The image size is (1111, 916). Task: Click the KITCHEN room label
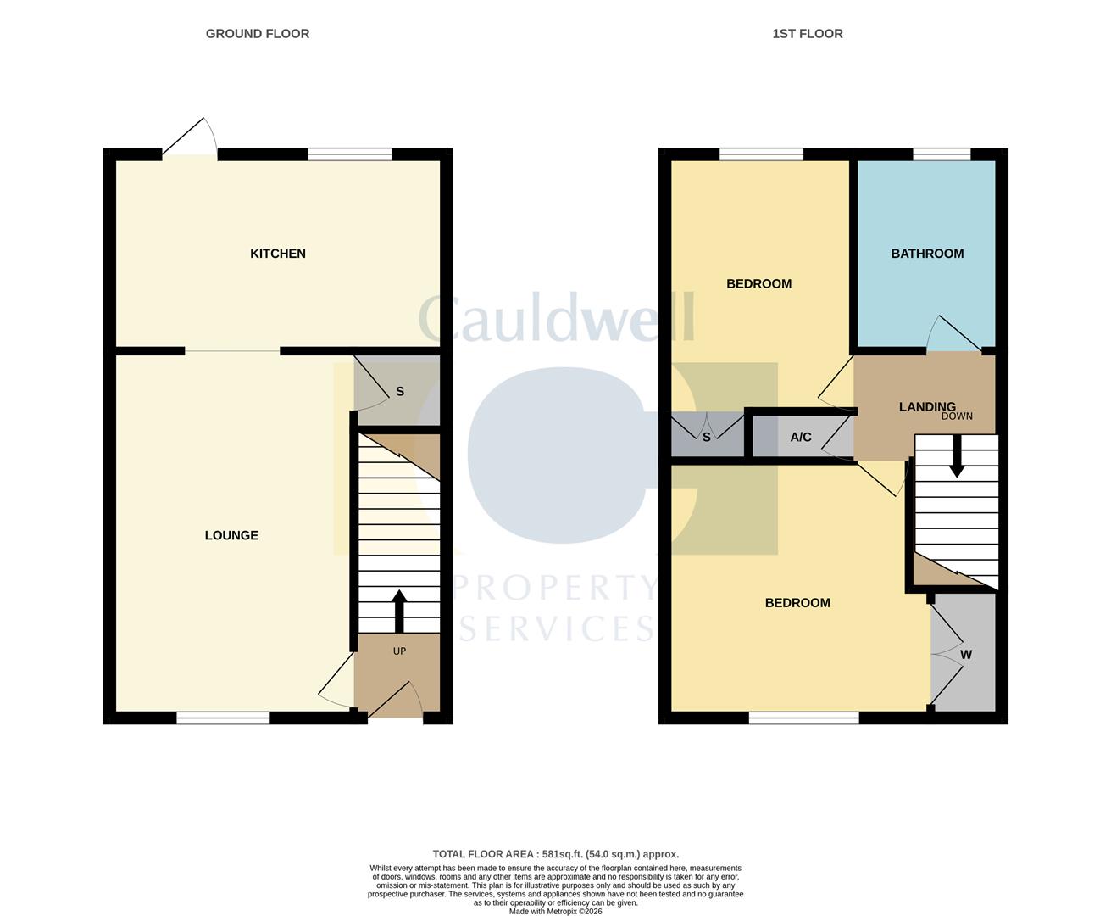tap(277, 254)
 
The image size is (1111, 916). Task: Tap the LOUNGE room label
tap(231, 535)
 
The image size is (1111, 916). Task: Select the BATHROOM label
tap(927, 254)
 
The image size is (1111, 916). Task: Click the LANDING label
tap(926, 407)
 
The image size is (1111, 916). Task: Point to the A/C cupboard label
tap(800, 438)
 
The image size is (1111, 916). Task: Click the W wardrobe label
tap(965, 655)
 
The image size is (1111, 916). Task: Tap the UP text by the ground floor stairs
tap(399, 651)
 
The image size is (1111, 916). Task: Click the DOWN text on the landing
tap(957, 416)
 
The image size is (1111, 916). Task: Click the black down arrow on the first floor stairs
tap(957, 456)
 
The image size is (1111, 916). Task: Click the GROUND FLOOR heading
tap(258, 34)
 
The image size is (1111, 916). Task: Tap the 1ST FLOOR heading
tap(807, 34)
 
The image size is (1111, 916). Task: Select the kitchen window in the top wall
tap(349, 154)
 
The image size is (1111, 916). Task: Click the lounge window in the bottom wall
tap(223, 718)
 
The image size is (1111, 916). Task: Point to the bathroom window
tap(941, 154)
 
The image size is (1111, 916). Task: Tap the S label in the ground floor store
tap(400, 392)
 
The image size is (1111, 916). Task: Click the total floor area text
tap(555, 854)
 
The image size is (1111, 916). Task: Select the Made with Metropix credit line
tap(555, 911)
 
